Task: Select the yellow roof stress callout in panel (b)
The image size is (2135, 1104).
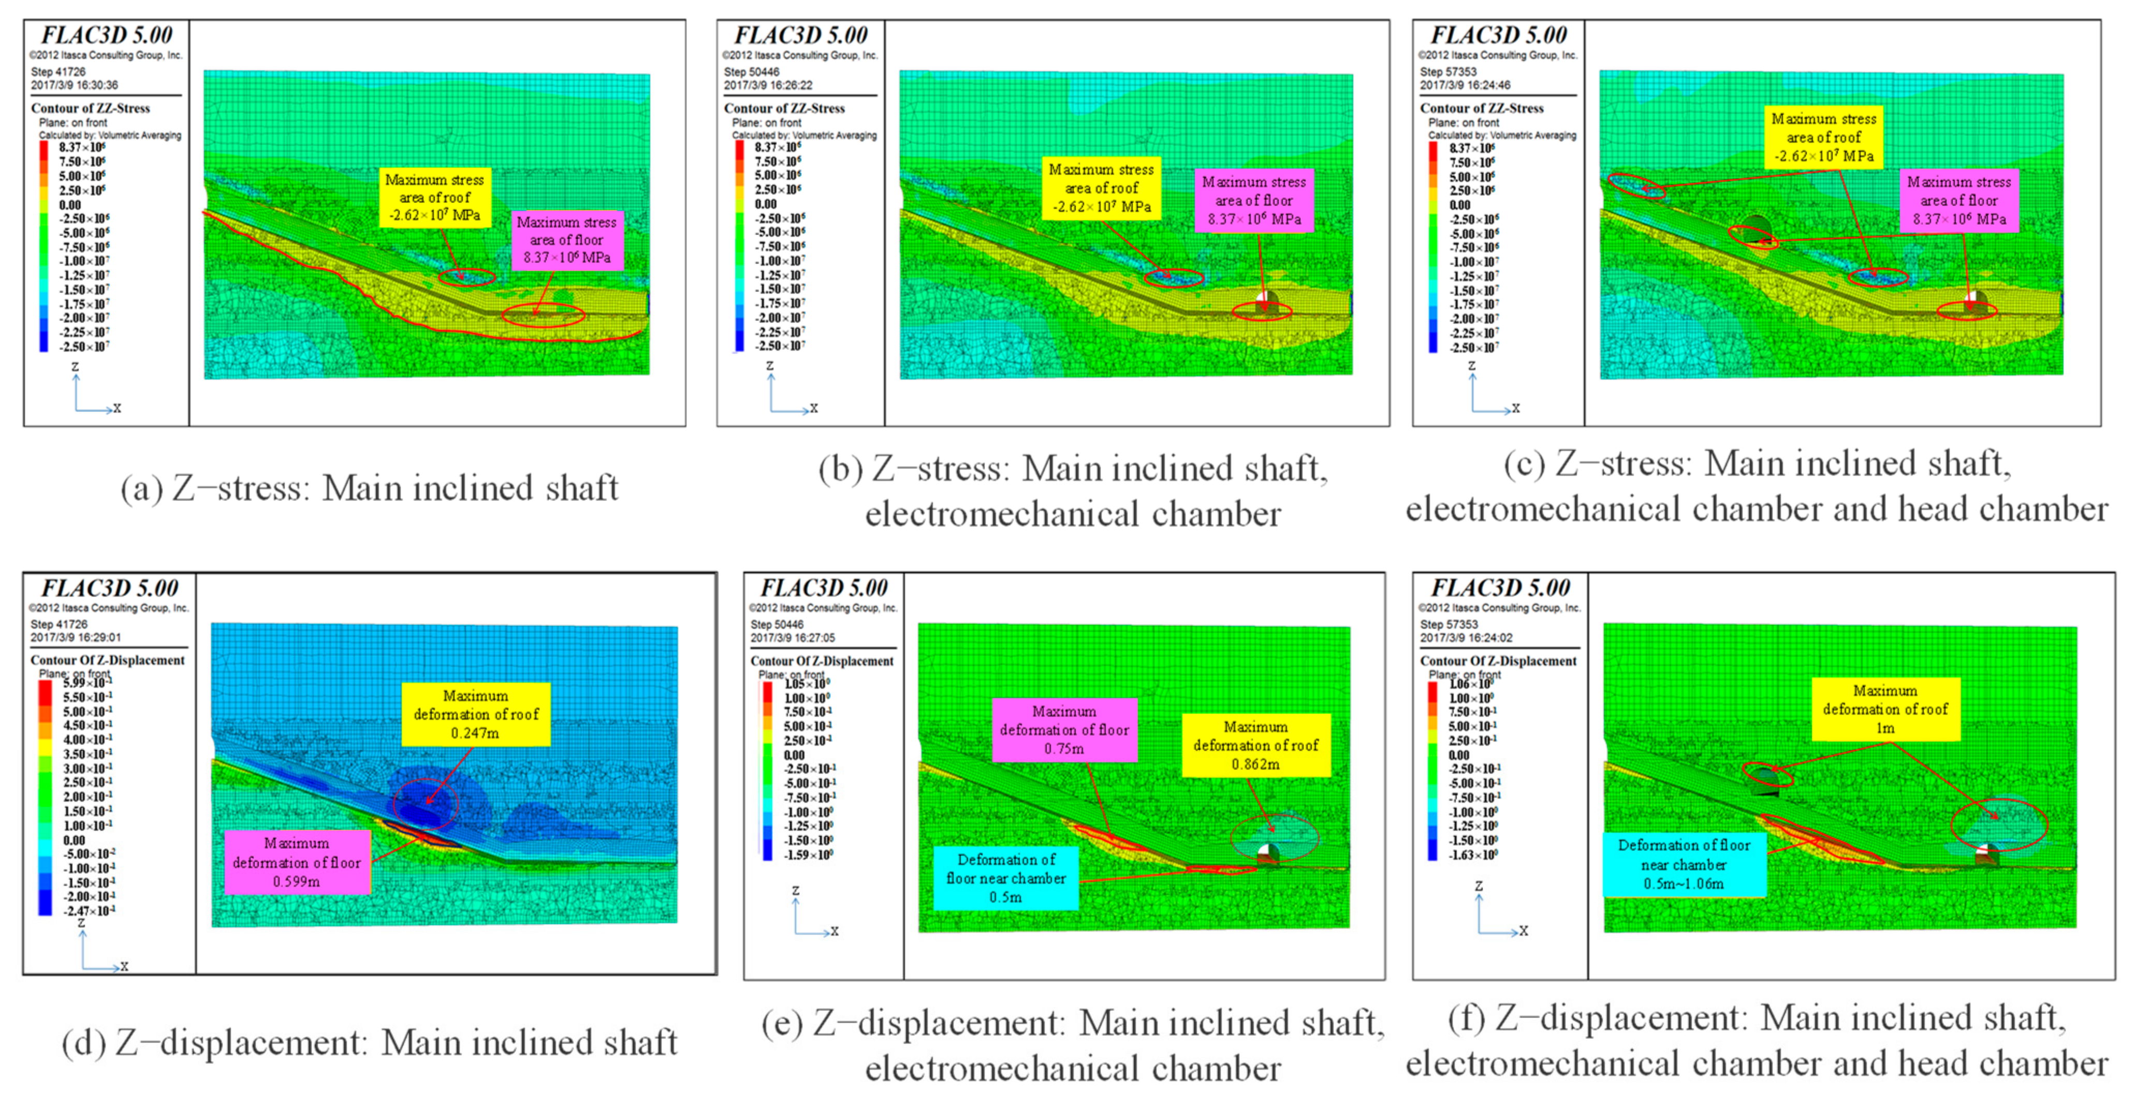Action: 1101,188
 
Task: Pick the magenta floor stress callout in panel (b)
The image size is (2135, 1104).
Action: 1253,200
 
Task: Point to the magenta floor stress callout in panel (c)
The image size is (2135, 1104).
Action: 1958,200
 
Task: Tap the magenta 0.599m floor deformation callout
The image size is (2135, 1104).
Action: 297,863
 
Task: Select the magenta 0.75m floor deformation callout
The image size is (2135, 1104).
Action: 1064,730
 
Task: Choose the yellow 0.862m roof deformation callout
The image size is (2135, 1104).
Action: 1255,745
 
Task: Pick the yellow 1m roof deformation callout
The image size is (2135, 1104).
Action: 1885,709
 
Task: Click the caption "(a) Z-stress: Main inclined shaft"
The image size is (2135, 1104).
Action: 370,488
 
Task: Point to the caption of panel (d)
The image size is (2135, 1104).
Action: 370,1043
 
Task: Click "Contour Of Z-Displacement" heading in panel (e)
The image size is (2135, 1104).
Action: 822,661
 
